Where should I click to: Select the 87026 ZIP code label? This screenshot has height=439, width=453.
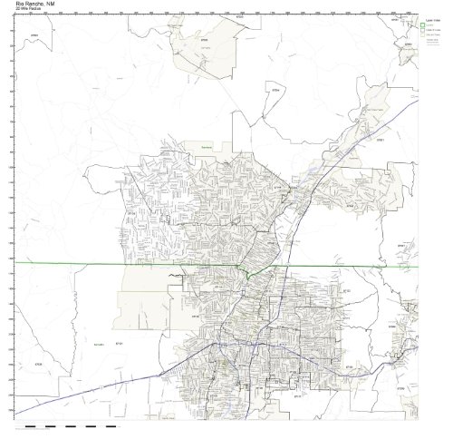36,364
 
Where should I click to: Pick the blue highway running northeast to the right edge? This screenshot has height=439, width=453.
381,118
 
